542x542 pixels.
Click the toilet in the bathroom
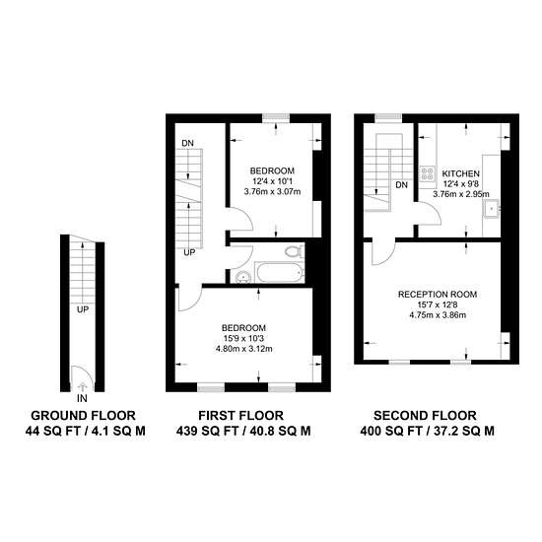[x=294, y=251]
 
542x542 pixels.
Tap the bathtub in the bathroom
[x=280, y=272]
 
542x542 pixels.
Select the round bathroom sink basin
[x=244, y=277]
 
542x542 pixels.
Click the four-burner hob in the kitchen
[x=428, y=173]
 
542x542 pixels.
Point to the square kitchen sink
[x=491, y=209]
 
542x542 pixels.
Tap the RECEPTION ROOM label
[x=438, y=295]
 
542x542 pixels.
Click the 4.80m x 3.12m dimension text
[x=243, y=349]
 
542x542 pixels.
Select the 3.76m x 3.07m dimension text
[x=272, y=191]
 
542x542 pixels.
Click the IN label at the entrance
[x=82, y=398]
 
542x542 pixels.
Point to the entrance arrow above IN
[x=82, y=386]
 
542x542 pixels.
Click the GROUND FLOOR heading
[x=83, y=415]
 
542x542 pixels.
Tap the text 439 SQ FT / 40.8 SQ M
[x=243, y=431]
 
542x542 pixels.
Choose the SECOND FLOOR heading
[x=425, y=415]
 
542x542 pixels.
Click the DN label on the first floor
[x=187, y=143]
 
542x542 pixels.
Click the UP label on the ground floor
[x=83, y=309]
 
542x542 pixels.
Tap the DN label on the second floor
[x=401, y=185]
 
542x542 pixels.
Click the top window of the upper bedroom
[x=276, y=118]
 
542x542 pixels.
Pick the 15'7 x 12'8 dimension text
[x=438, y=305]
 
